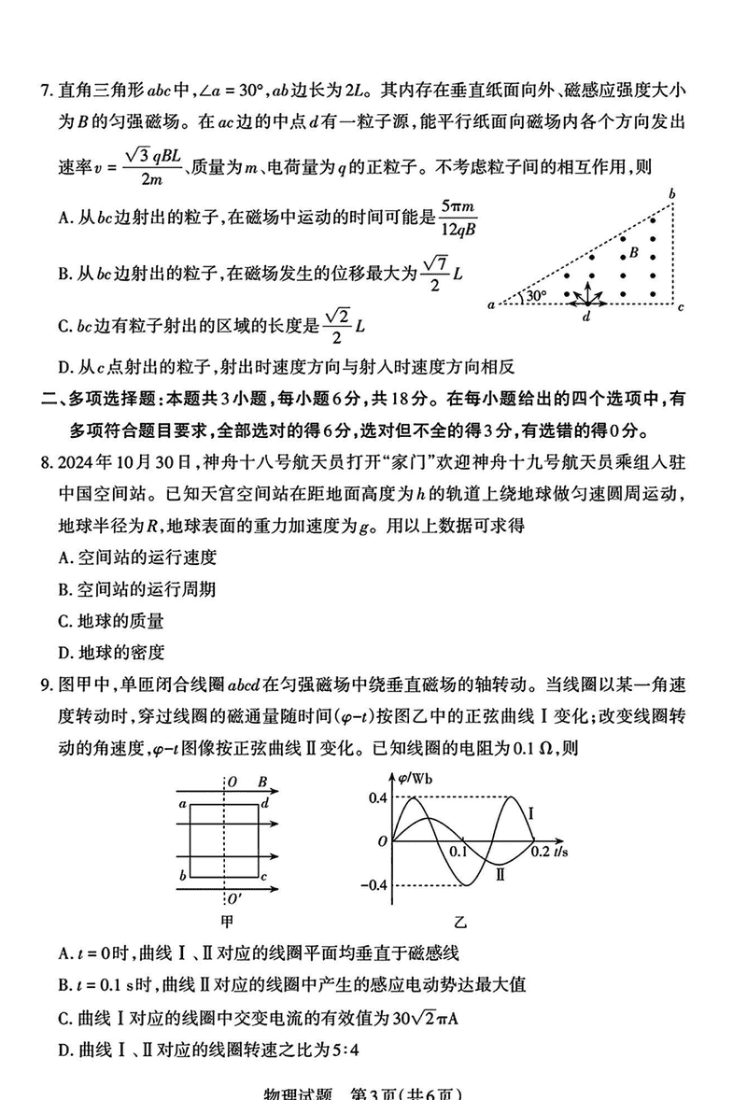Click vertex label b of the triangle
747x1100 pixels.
point(670,193)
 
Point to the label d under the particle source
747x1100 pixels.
point(585,317)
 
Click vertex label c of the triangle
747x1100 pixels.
point(682,306)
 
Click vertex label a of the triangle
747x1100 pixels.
point(491,304)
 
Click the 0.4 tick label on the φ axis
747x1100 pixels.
point(377,797)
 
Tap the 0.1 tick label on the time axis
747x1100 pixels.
point(458,852)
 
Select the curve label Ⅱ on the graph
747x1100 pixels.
point(500,875)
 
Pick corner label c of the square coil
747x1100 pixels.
point(265,877)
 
